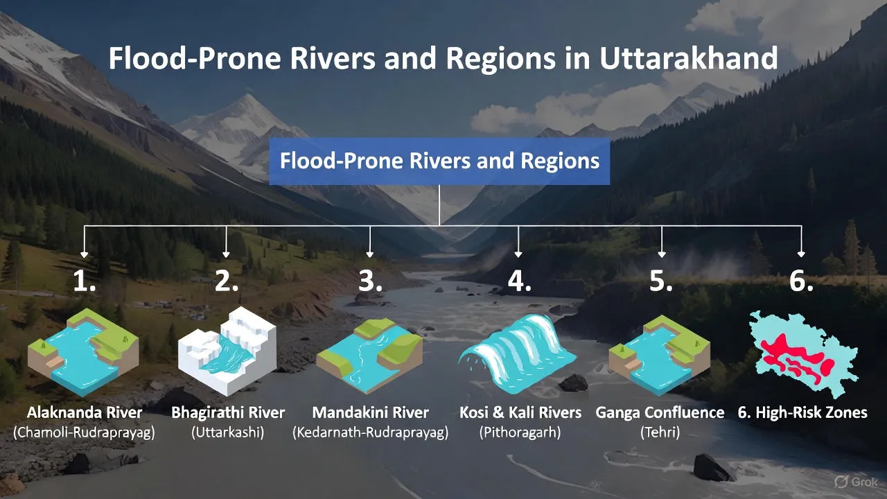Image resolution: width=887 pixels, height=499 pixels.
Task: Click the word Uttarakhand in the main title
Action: point(688,58)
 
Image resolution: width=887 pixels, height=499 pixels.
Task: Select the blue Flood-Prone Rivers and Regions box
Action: point(439,161)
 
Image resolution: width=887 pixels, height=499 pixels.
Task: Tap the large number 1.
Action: point(85,281)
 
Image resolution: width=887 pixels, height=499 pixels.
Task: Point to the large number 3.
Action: point(371,281)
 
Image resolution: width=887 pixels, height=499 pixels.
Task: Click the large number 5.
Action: point(661,281)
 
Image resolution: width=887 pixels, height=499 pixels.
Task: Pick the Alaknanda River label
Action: point(85,413)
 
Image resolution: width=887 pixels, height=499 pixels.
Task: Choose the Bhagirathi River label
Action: point(228,413)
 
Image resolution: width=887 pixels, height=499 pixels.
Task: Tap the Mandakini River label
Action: point(370,413)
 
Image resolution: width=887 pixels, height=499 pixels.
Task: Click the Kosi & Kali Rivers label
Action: point(520,413)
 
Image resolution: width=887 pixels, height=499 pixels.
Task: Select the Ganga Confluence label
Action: point(660,413)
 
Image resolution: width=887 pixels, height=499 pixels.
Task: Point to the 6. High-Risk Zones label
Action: point(802,413)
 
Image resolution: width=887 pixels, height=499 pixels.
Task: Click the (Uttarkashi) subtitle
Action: point(228,433)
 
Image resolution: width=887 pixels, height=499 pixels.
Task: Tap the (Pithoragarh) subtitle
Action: point(520,433)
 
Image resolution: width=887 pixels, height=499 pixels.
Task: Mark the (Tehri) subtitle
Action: point(660,433)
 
